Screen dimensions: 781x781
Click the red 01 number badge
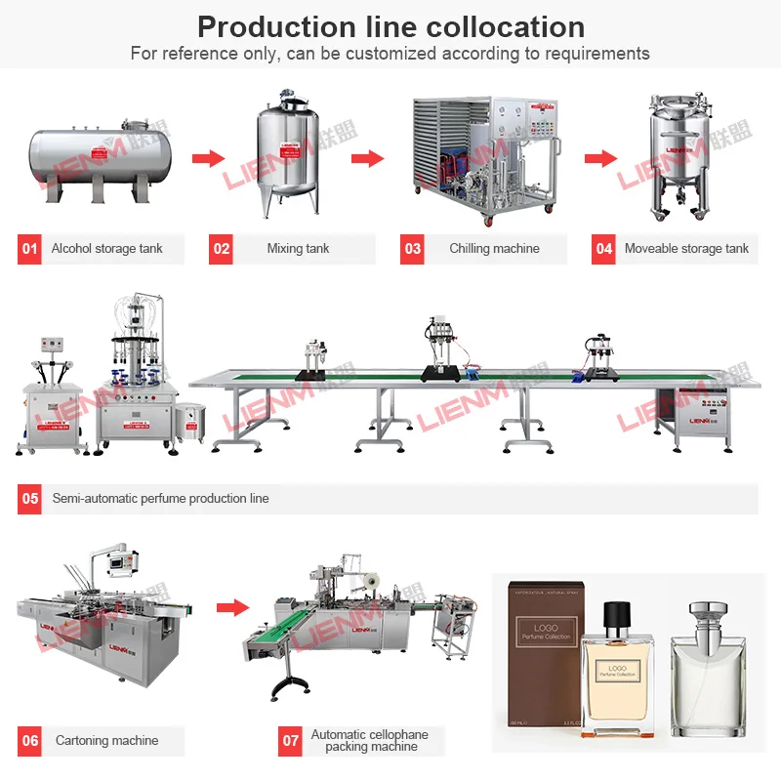[30, 249]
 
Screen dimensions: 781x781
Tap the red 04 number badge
[604, 249]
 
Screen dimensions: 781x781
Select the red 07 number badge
[291, 741]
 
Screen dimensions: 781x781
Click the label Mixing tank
[298, 249]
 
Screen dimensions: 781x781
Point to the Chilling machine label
[494, 249]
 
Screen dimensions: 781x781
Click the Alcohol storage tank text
[106, 249]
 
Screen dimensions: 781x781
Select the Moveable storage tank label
[686, 249]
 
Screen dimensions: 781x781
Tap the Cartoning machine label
[106, 741]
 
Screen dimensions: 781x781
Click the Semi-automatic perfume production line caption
[160, 499]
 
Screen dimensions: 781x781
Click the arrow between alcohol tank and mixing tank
[208, 159]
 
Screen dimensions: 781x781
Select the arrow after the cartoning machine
[232, 607]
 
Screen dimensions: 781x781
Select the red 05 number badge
[30, 499]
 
